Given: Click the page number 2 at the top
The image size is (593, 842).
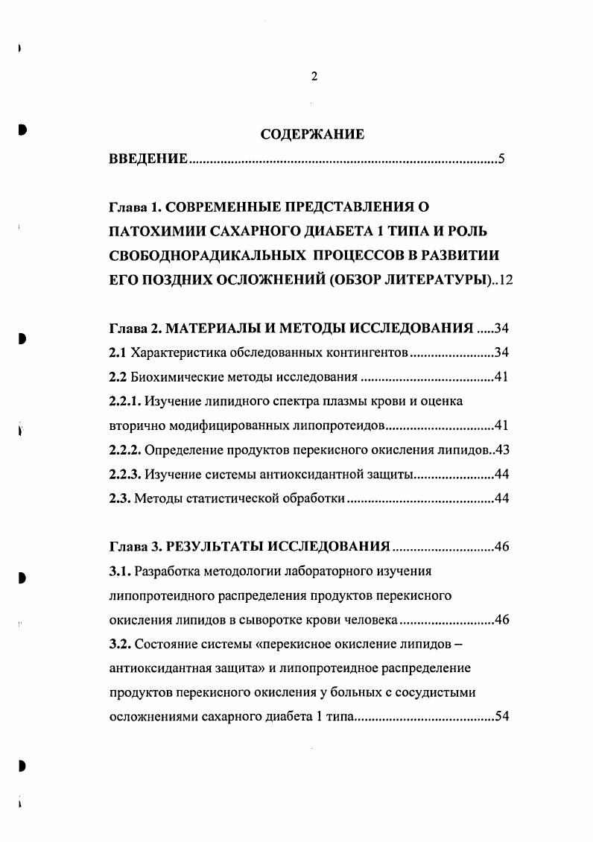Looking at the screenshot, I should [x=314, y=77].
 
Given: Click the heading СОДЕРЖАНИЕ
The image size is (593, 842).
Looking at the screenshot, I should [x=313, y=135].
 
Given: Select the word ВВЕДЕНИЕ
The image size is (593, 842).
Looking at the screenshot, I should [x=148, y=159].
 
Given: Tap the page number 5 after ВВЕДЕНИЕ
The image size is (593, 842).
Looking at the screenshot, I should [x=502, y=159].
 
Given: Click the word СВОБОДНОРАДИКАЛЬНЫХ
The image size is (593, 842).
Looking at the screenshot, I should [x=204, y=253].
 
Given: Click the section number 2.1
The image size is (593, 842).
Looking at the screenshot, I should [x=118, y=352].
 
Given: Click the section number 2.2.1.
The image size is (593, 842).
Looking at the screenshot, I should [x=124, y=402].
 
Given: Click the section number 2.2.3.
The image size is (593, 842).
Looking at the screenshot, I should [x=124, y=475].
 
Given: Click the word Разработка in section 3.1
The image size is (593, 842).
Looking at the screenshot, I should [x=165, y=572].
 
